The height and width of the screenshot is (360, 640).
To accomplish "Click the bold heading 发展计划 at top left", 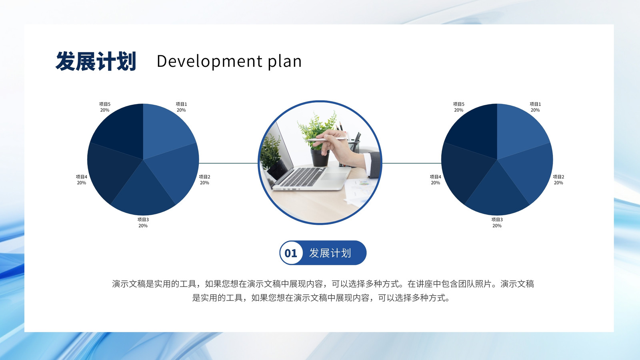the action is [96, 61].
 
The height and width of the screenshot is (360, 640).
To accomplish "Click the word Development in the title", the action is [210, 61].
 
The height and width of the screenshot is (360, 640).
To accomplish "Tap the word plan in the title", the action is [284, 61].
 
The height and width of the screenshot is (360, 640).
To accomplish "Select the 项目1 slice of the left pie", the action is [166, 132].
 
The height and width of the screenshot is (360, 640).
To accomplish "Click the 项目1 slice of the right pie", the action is [520, 132].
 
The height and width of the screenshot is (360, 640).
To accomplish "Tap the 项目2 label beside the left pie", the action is [204, 180].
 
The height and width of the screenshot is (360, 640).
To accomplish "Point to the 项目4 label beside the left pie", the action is [82, 180].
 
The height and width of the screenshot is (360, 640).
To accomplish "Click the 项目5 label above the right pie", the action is [458, 107].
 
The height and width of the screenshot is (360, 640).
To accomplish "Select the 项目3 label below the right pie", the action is [497, 222].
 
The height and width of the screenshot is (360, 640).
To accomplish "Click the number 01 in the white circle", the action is [291, 253].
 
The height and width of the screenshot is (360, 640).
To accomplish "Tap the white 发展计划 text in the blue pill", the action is [330, 253].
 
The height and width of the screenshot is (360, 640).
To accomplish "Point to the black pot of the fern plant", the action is [320, 158].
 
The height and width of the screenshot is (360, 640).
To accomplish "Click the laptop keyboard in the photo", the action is [302, 177].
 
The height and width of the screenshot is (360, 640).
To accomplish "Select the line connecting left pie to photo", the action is [228, 163].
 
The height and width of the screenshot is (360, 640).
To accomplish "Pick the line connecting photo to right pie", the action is [412, 163].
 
